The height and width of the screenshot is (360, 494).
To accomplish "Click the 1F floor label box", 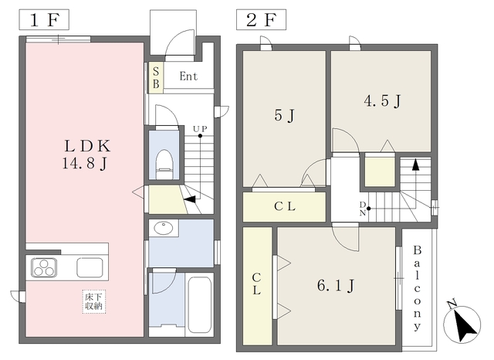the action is click(44, 20).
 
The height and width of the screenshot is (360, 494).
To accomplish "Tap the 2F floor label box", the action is click(261, 20).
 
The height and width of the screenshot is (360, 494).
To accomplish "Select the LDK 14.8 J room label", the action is click(86, 155).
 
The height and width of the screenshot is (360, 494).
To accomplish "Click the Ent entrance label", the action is click(188, 76).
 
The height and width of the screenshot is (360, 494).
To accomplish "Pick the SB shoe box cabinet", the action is click(156, 77).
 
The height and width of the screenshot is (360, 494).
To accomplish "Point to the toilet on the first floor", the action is click(164, 165).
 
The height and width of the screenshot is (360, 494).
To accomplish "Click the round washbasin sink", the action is click(163, 228).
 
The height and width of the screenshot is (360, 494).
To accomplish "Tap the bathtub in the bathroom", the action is click(199, 304).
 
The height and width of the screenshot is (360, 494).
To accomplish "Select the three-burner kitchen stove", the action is click(44, 267).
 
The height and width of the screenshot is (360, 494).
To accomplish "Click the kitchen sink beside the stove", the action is click(90, 267).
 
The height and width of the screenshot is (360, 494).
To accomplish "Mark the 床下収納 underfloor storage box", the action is click(94, 301).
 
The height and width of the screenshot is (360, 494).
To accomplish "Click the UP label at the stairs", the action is click(200, 129).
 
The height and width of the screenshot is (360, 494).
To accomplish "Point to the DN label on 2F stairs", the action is click(363, 209).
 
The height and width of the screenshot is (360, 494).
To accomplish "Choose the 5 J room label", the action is click(284, 115).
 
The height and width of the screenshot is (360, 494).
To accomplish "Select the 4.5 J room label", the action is click(382, 101).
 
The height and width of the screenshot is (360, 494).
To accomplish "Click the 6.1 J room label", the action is click(336, 286).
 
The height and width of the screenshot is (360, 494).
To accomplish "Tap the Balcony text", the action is click(417, 288).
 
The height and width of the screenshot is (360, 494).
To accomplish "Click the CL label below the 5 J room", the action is click(285, 206).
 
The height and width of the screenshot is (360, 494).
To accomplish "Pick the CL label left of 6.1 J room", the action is click(257, 284).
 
